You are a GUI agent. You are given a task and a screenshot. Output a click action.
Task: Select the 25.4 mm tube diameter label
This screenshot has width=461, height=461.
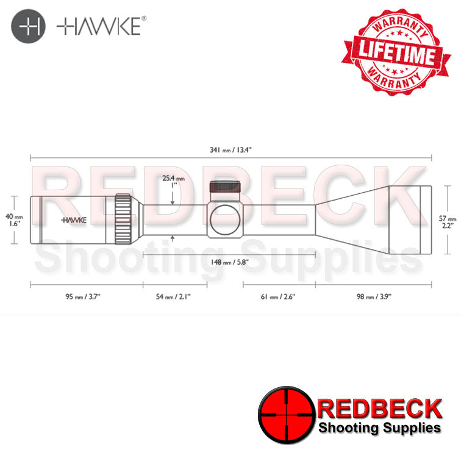[173, 182]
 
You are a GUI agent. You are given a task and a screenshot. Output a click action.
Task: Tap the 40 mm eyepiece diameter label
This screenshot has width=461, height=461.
[14, 220]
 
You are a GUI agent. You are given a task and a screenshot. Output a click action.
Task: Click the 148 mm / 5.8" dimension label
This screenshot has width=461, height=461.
[230, 263]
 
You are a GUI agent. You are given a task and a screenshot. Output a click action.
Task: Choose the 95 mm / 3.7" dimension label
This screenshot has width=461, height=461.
[83, 296]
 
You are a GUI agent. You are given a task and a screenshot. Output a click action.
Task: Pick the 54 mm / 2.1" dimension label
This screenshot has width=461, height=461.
[174, 296]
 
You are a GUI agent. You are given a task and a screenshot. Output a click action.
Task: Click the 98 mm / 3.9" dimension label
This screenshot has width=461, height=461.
[374, 296]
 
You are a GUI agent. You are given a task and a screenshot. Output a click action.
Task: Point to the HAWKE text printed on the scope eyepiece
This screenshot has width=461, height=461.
[73, 220]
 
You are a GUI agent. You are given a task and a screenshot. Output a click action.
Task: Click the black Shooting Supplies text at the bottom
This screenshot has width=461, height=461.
[379, 429]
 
